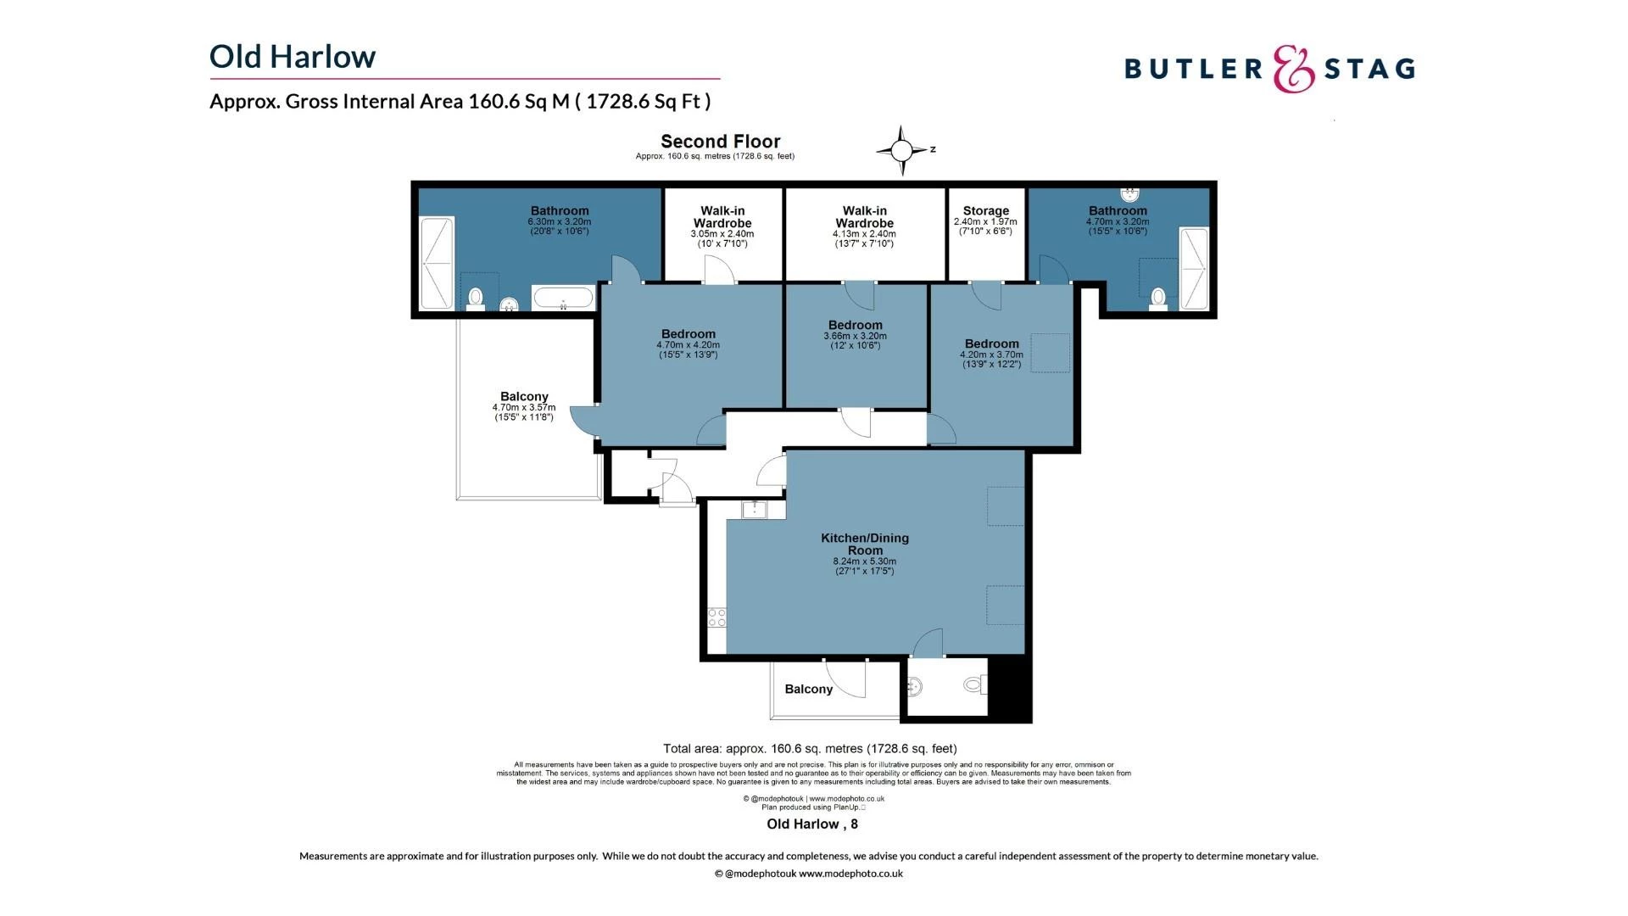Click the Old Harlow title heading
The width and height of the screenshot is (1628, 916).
(293, 57)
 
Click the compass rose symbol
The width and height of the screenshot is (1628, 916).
(901, 151)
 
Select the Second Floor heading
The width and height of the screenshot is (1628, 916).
(720, 142)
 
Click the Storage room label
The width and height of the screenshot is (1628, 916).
(985, 211)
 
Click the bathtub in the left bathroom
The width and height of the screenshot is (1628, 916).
(562, 298)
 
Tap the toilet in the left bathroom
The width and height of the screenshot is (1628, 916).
(476, 298)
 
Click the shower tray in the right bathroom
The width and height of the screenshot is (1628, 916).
(1193, 268)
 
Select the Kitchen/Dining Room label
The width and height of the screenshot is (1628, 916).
(864, 545)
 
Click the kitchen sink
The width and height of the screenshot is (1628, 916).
(754, 510)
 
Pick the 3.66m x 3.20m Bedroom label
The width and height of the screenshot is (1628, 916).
(855, 326)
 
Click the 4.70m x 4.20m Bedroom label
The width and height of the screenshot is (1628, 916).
(688, 335)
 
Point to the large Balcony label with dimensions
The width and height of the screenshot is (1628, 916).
(524, 397)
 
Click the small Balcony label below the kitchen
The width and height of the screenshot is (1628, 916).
(808, 689)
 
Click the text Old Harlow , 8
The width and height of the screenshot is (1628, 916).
(811, 824)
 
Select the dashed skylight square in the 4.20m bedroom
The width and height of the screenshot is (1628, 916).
(1050, 353)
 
